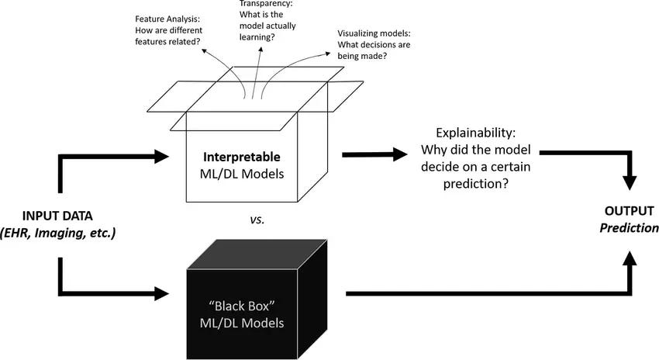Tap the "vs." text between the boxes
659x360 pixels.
pos(257,220)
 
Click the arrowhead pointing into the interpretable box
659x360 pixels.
pos(160,156)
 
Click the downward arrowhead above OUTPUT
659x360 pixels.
pos(630,183)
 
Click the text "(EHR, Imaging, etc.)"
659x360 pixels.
pos(60,231)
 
